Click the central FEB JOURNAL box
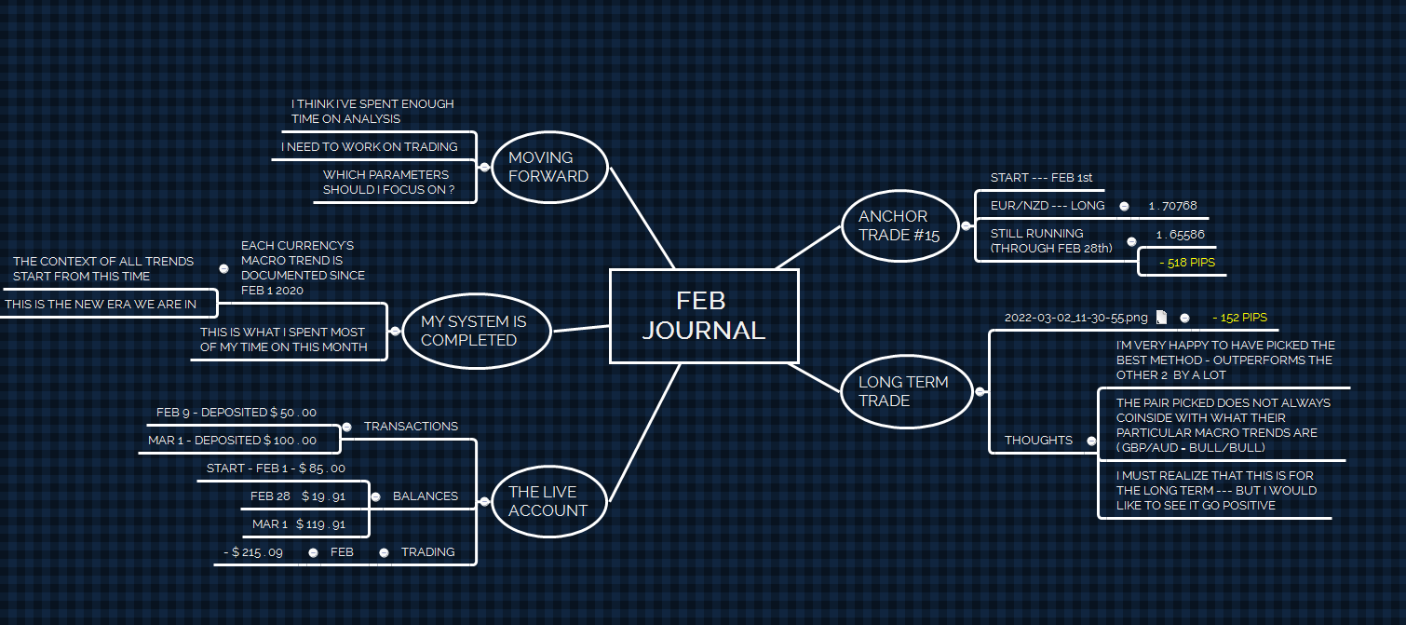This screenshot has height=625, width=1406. click(704, 316)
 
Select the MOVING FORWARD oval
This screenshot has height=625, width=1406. click(548, 167)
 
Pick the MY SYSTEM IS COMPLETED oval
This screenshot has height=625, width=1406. click(473, 331)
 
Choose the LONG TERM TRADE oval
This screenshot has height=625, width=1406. click(903, 391)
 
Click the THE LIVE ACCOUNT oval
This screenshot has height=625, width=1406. click(548, 501)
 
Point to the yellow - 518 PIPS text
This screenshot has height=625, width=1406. click(1187, 264)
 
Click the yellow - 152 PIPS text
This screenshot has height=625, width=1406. click(1239, 318)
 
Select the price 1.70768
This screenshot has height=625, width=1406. click(1172, 206)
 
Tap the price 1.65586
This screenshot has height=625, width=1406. click(1180, 235)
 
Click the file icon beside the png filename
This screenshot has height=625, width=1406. click(1161, 318)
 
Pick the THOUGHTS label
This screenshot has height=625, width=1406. click(1038, 440)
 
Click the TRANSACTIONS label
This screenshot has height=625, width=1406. click(411, 427)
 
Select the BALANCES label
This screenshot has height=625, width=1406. click(425, 496)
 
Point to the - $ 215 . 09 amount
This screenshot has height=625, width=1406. click(252, 552)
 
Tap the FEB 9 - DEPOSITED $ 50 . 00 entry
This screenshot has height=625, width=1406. click(237, 412)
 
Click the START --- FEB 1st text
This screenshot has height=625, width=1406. click(1041, 178)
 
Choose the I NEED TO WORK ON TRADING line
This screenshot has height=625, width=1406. click(370, 146)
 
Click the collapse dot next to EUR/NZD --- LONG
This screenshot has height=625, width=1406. click(1124, 206)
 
